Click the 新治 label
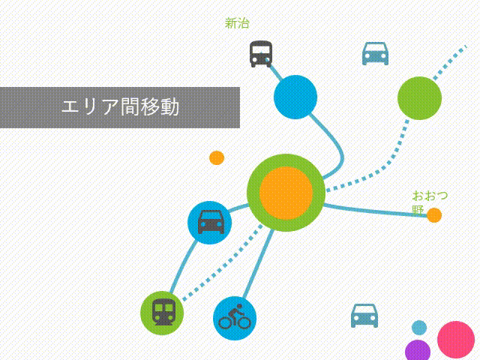tap(237, 23)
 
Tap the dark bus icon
tap(261, 54)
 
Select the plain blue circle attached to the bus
tap(295, 97)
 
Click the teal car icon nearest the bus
tap(375, 53)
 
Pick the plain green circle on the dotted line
tap(419, 98)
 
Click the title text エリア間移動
tap(120, 106)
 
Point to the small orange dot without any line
tap(217, 158)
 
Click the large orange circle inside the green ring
tap(286, 193)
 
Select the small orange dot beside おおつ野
tap(434, 215)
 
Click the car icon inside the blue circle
tap(211, 222)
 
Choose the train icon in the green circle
tap(163, 312)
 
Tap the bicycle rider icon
tap(235, 317)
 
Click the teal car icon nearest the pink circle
tap(364, 316)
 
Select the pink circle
tap(456, 340)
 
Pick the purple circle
tap(418, 351)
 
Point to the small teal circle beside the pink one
tap(419, 328)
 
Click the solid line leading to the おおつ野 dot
tap(375, 211)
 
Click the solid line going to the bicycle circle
tap(258, 263)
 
